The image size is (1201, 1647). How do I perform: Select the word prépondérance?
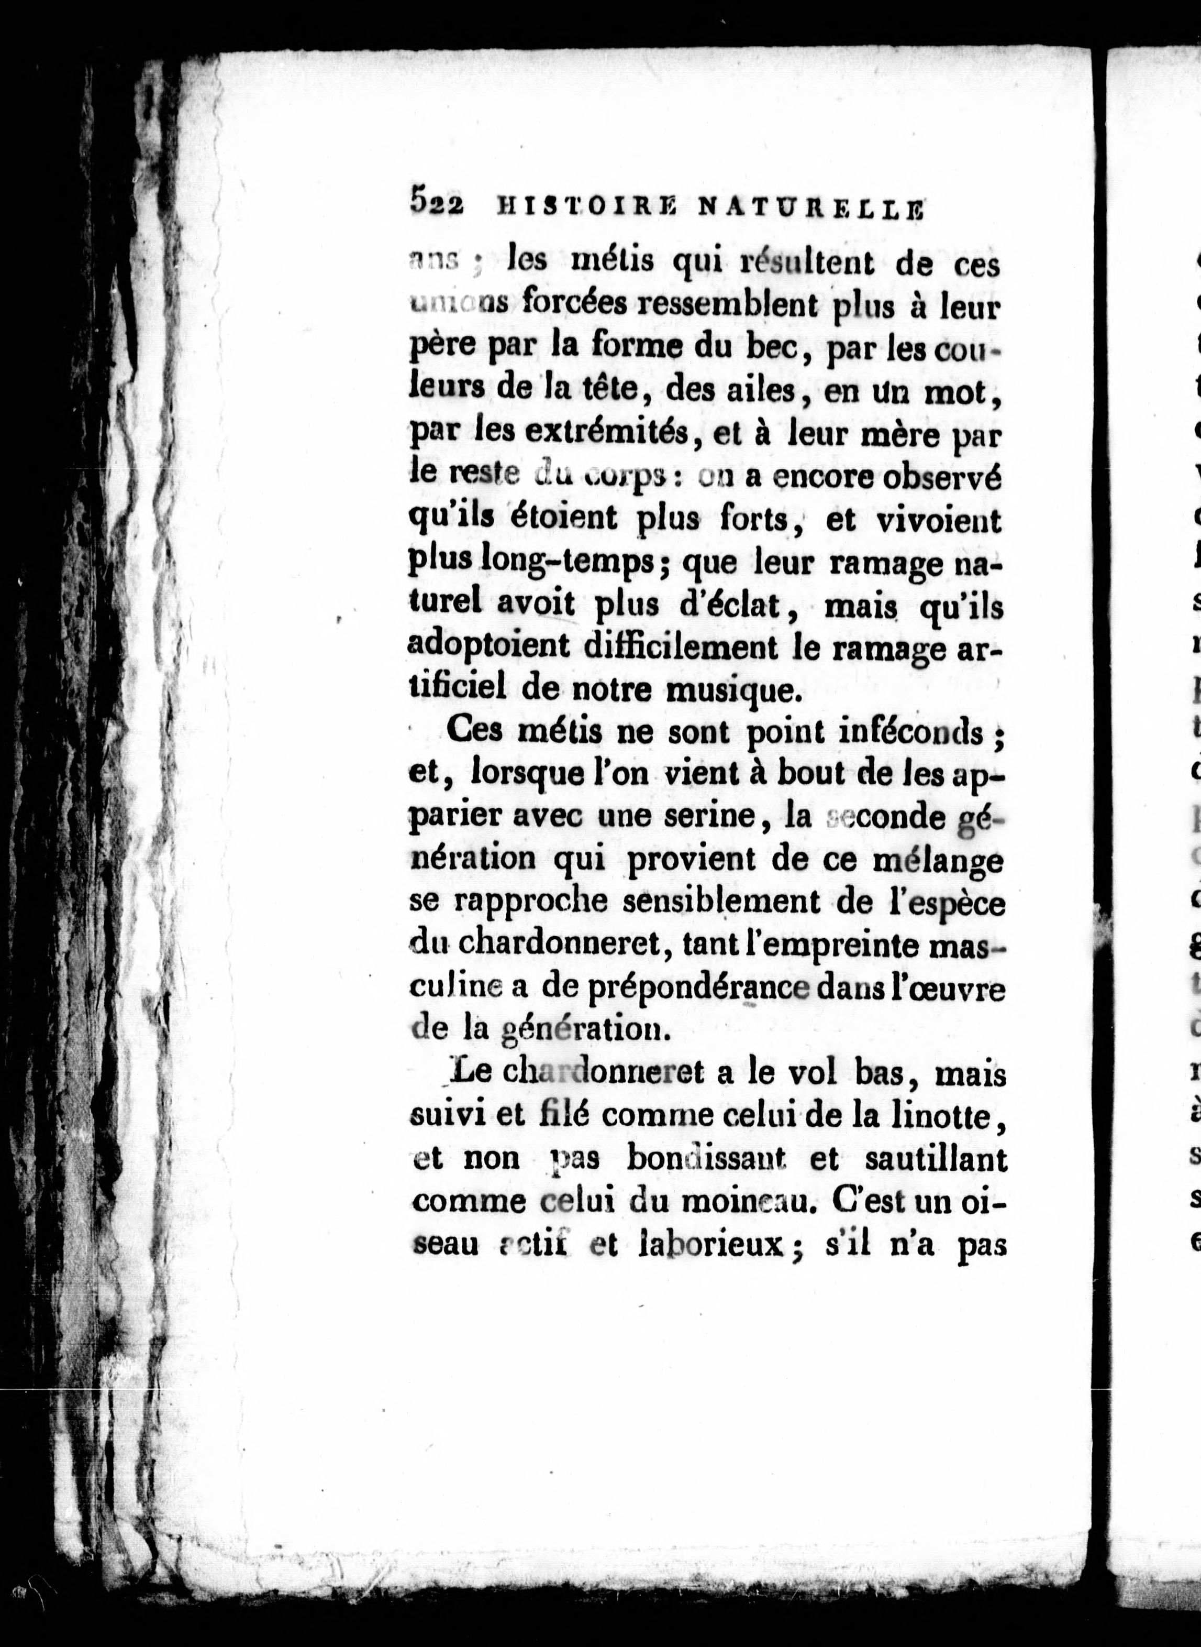pos(681,990)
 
